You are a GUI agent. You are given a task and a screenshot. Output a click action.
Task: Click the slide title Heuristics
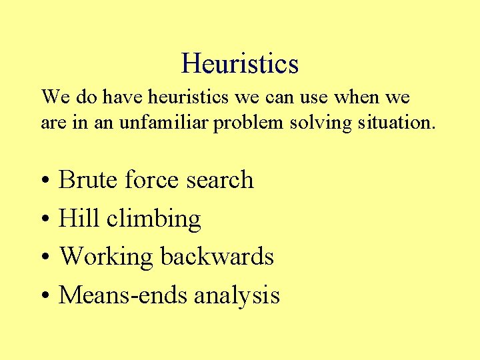pyautogui.click(x=239, y=64)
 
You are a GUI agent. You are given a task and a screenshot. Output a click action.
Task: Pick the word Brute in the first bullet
pyautogui.click(x=89, y=180)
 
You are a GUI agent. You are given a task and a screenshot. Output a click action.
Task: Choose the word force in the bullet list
pyautogui.click(x=151, y=180)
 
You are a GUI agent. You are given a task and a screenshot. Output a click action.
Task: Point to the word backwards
pyautogui.click(x=217, y=256)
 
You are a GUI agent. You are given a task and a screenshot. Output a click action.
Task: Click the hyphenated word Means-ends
pyautogui.click(x=123, y=295)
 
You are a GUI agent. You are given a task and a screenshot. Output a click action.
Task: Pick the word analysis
pyautogui.click(x=237, y=295)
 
